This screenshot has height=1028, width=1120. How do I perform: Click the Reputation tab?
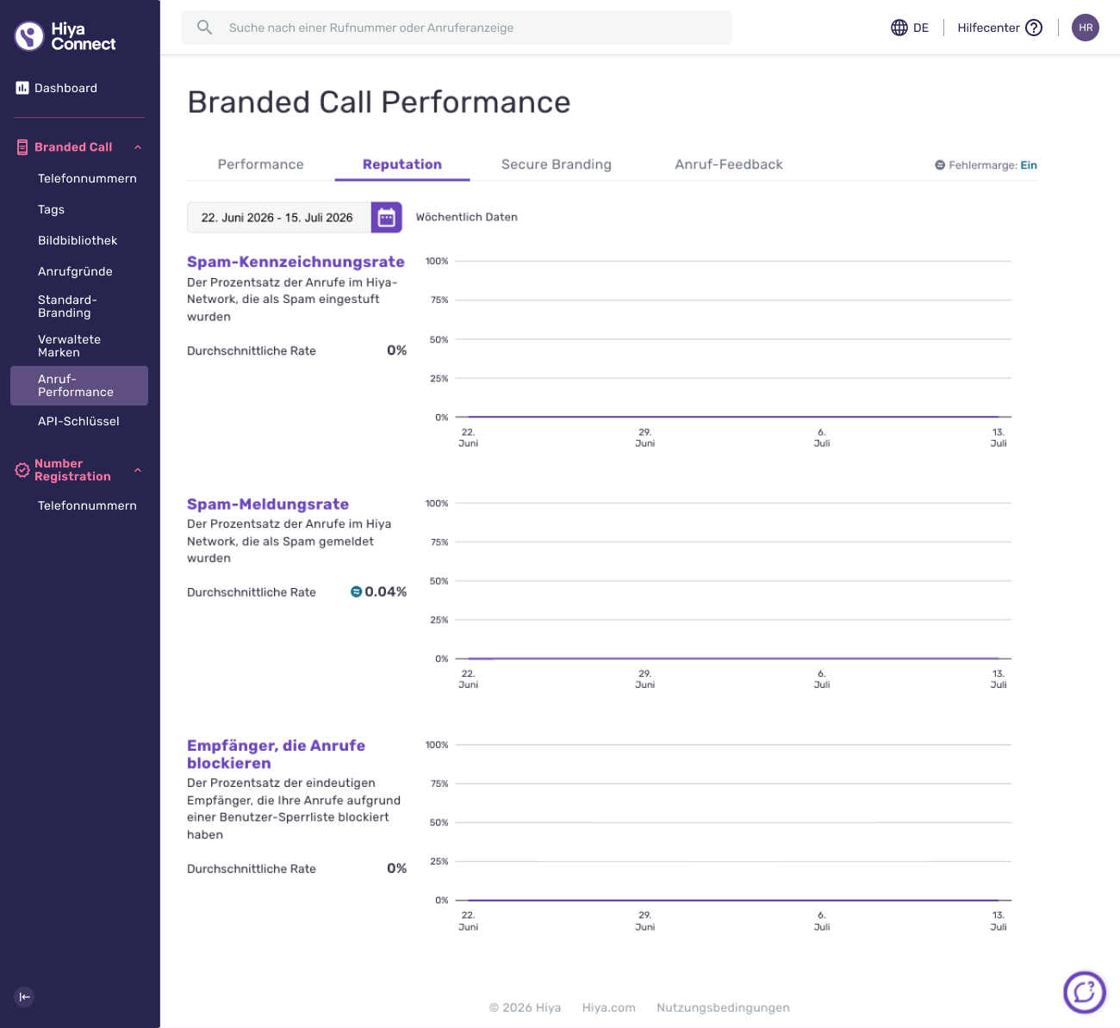click(x=402, y=164)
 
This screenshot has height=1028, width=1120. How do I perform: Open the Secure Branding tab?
click(x=556, y=164)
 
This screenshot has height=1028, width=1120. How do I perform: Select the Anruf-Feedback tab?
click(x=728, y=164)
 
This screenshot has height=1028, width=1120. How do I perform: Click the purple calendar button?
click(x=386, y=217)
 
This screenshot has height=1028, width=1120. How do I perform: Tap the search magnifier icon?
click(x=204, y=28)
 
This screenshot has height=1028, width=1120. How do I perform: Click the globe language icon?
click(x=899, y=28)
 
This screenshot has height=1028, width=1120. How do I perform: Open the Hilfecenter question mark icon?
click(x=1034, y=28)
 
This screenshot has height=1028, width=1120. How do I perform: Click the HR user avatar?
click(x=1086, y=28)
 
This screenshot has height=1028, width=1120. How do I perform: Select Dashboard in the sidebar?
click(x=65, y=88)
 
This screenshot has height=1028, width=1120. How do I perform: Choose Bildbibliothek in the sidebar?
click(x=78, y=240)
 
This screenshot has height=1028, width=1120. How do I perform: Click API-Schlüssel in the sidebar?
click(x=78, y=421)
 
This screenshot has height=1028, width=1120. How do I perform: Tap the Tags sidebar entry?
click(x=51, y=209)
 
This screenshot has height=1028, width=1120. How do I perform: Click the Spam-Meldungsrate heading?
click(x=268, y=504)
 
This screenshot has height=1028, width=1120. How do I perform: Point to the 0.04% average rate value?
click(x=385, y=591)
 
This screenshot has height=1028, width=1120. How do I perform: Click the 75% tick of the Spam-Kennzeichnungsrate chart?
click(x=439, y=300)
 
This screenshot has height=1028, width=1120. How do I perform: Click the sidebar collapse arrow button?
click(x=24, y=997)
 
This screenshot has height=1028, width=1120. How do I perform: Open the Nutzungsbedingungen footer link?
click(x=723, y=1007)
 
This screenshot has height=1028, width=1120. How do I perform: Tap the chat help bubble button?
click(x=1085, y=993)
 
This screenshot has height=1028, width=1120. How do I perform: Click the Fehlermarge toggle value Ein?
click(x=1029, y=165)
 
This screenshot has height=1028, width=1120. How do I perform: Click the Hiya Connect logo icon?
click(x=29, y=35)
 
